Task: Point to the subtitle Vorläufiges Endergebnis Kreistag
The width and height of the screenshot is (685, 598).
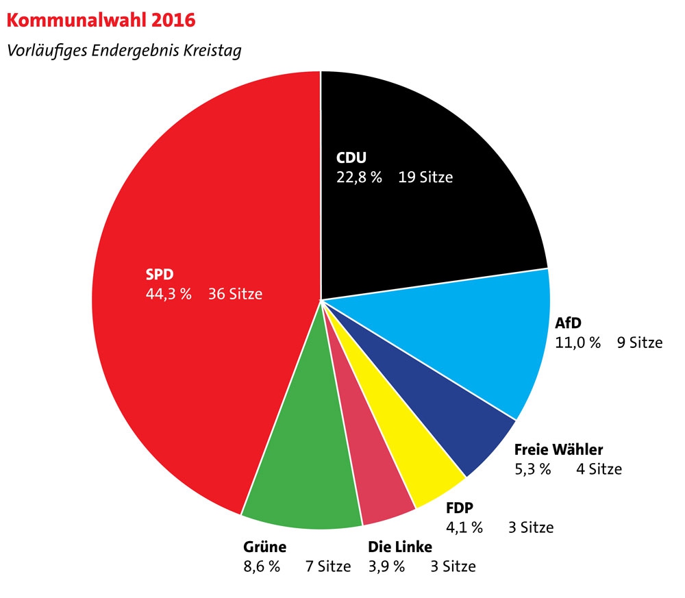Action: (x=124, y=51)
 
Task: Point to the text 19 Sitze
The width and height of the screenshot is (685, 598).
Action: (x=425, y=177)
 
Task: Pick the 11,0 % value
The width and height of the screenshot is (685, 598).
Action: (x=577, y=342)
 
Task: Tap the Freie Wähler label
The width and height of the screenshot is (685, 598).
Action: (x=558, y=450)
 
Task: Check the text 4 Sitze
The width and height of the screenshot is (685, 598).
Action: (x=599, y=469)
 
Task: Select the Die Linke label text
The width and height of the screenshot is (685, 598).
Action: (x=400, y=547)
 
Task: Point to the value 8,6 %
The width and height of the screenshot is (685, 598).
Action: (x=262, y=566)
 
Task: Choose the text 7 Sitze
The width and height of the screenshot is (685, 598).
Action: (x=327, y=566)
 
